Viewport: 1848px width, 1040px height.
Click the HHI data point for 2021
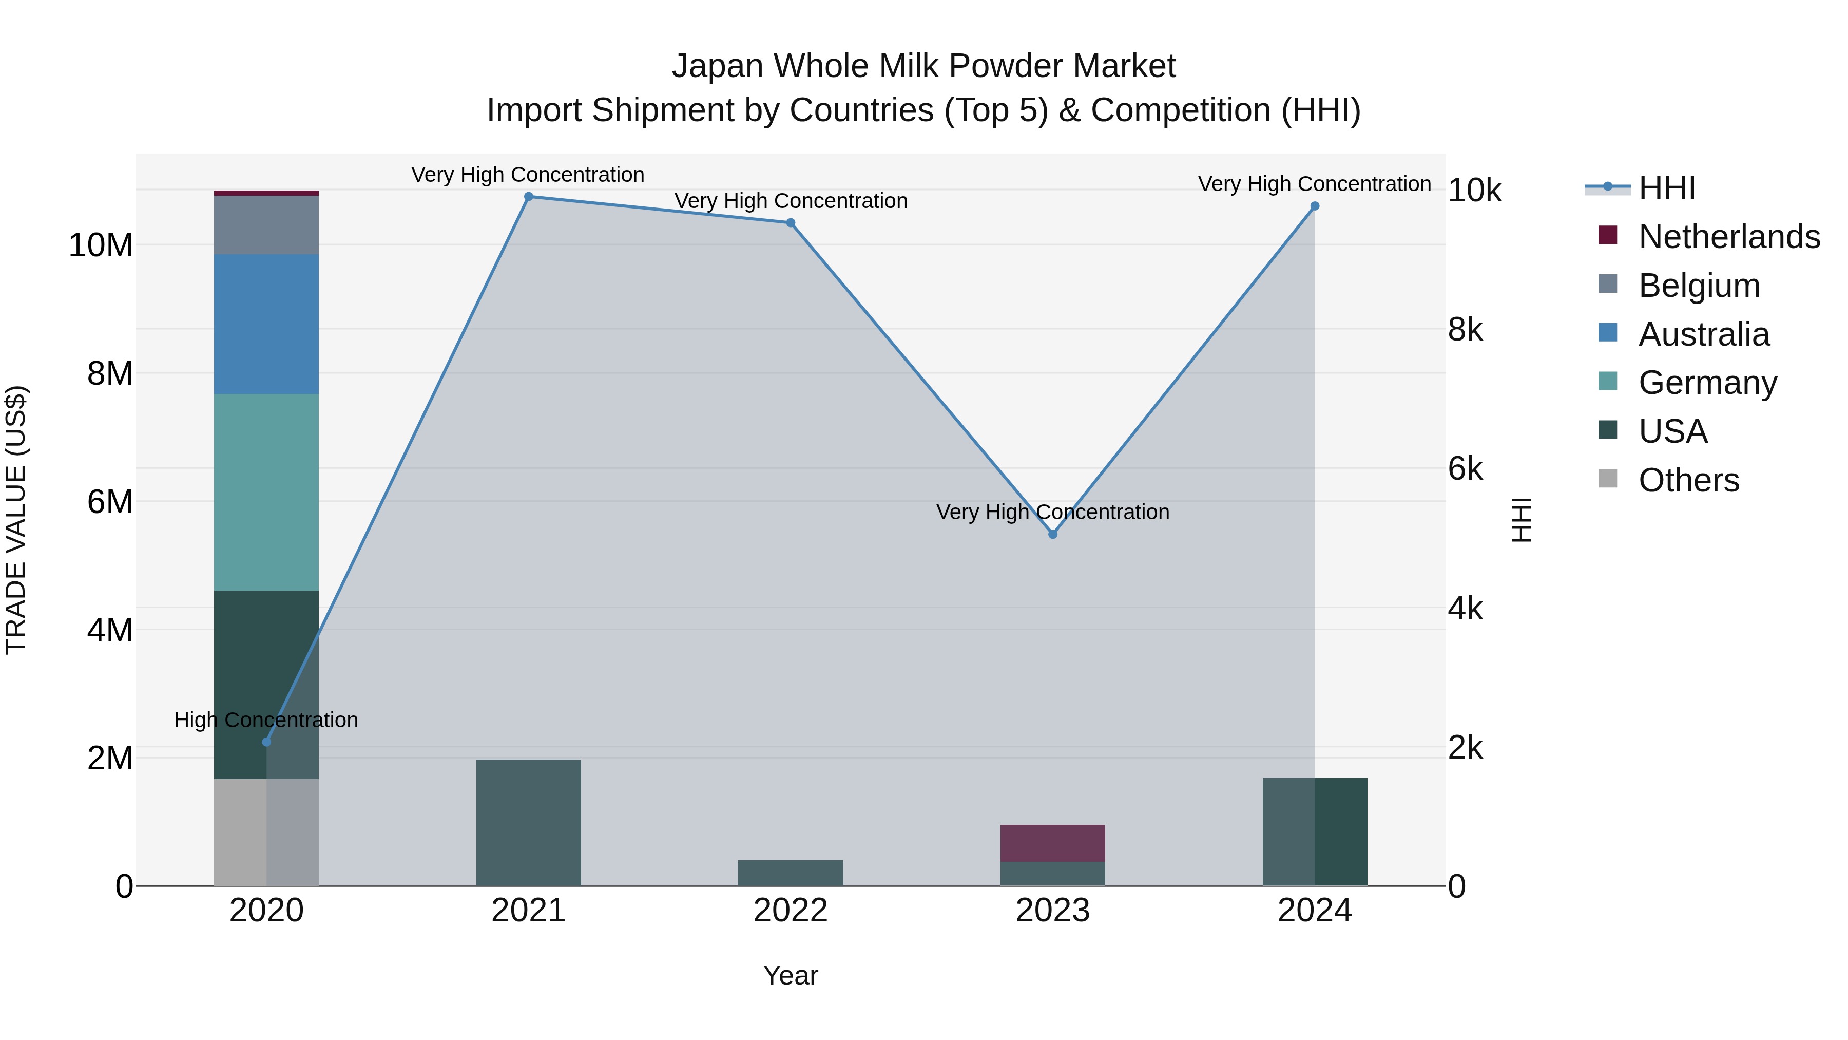click(x=529, y=197)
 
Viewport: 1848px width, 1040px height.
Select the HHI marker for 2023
click(x=1052, y=534)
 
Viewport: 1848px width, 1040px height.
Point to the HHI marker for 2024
click(x=1314, y=206)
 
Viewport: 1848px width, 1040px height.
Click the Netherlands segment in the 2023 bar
click(x=1052, y=843)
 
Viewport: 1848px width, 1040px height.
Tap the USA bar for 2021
click(x=529, y=822)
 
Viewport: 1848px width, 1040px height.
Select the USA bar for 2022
click(x=791, y=872)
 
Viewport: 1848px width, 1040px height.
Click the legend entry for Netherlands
click(x=1729, y=237)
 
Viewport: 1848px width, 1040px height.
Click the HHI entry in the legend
click(x=1666, y=188)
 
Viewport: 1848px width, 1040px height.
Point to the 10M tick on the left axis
click(x=101, y=245)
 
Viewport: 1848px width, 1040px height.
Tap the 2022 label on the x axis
click(x=791, y=911)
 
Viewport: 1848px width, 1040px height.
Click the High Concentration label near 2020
click(x=266, y=720)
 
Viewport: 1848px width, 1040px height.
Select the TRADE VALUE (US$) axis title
click(x=16, y=520)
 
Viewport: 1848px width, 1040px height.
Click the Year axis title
click(x=791, y=975)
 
